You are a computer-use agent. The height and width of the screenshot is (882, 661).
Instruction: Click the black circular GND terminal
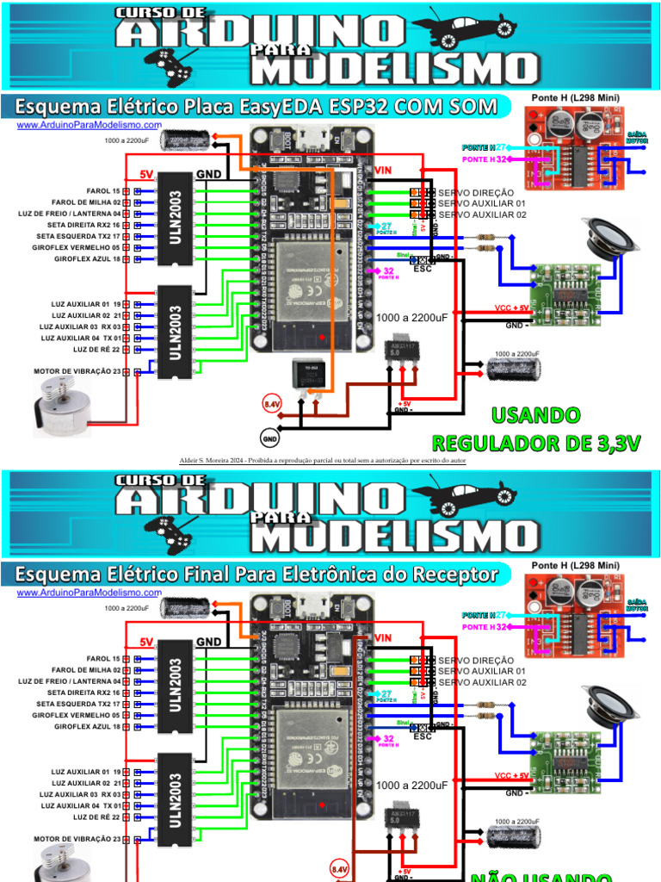pos(270,438)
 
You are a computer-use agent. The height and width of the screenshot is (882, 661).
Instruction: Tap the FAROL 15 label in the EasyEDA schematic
pos(103,190)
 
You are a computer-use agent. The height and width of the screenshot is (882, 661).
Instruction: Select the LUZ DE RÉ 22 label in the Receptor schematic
pos(95,817)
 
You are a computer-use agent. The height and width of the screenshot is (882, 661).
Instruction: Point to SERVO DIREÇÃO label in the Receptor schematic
pos(475,659)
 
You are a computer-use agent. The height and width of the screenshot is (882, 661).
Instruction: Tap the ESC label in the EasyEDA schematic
pos(423,268)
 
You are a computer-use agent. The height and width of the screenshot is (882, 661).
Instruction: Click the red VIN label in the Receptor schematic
pos(384,638)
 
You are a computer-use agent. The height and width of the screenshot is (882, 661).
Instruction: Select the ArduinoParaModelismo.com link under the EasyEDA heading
pos(89,126)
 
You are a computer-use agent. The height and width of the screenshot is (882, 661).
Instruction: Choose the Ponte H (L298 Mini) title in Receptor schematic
pos(576,564)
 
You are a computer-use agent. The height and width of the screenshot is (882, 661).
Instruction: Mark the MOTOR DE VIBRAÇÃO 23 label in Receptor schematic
pos(76,838)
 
